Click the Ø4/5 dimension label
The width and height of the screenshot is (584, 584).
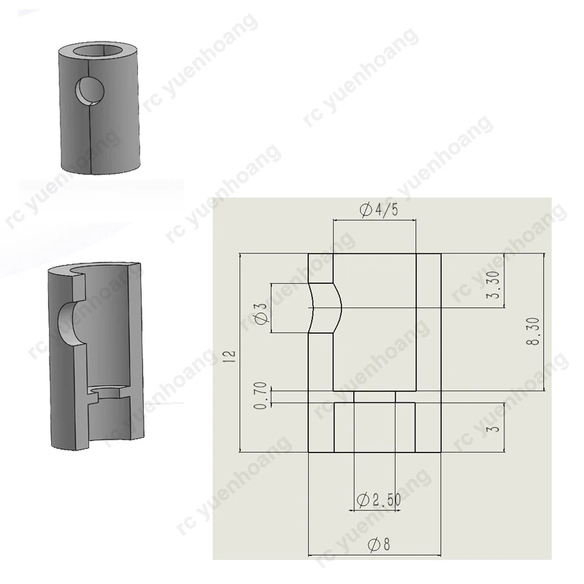tap(378, 210)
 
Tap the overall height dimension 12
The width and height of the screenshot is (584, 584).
tap(231, 354)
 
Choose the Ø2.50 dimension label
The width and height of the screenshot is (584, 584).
tap(378, 501)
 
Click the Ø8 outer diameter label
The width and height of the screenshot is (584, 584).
tap(378, 545)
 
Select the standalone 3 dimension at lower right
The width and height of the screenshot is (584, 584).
tap(494, 428)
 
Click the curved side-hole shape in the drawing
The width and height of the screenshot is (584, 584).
tap(326, 308)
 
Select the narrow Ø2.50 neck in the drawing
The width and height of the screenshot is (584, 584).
tap(374, 396)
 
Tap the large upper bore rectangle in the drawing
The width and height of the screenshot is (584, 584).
tap(374, 321)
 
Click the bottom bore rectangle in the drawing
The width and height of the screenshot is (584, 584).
tap(374, 427)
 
